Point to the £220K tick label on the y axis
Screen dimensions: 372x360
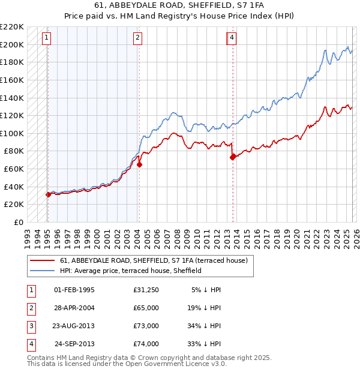(x=12, y=27)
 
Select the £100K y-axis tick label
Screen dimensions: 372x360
(x=12, y=133)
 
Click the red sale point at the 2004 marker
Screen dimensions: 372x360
(x=139, y=164)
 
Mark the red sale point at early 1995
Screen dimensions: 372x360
(x=48, y=194)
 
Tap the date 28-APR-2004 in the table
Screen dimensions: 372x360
(x=74, y=308)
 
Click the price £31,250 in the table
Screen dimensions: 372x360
(x=146, y=290)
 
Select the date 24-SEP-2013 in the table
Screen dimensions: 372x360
(x=74, y=344)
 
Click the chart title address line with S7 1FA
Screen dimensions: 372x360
(x=180, y=6)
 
